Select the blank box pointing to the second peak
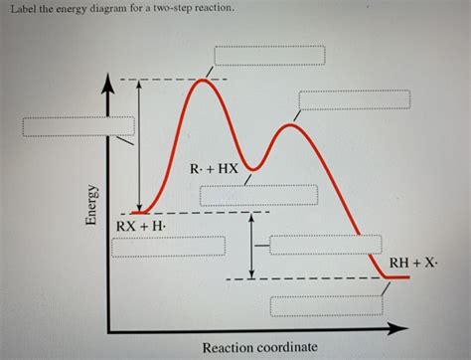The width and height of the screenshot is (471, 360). tap(353, 100)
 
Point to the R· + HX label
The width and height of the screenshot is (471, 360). tap(215, 169)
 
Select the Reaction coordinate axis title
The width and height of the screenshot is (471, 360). tap(259, 347)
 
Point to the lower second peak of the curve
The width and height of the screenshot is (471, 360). tap(291, 124)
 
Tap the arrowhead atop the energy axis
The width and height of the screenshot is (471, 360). tap(109, 89)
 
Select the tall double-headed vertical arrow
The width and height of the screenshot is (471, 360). tap(139, 145)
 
